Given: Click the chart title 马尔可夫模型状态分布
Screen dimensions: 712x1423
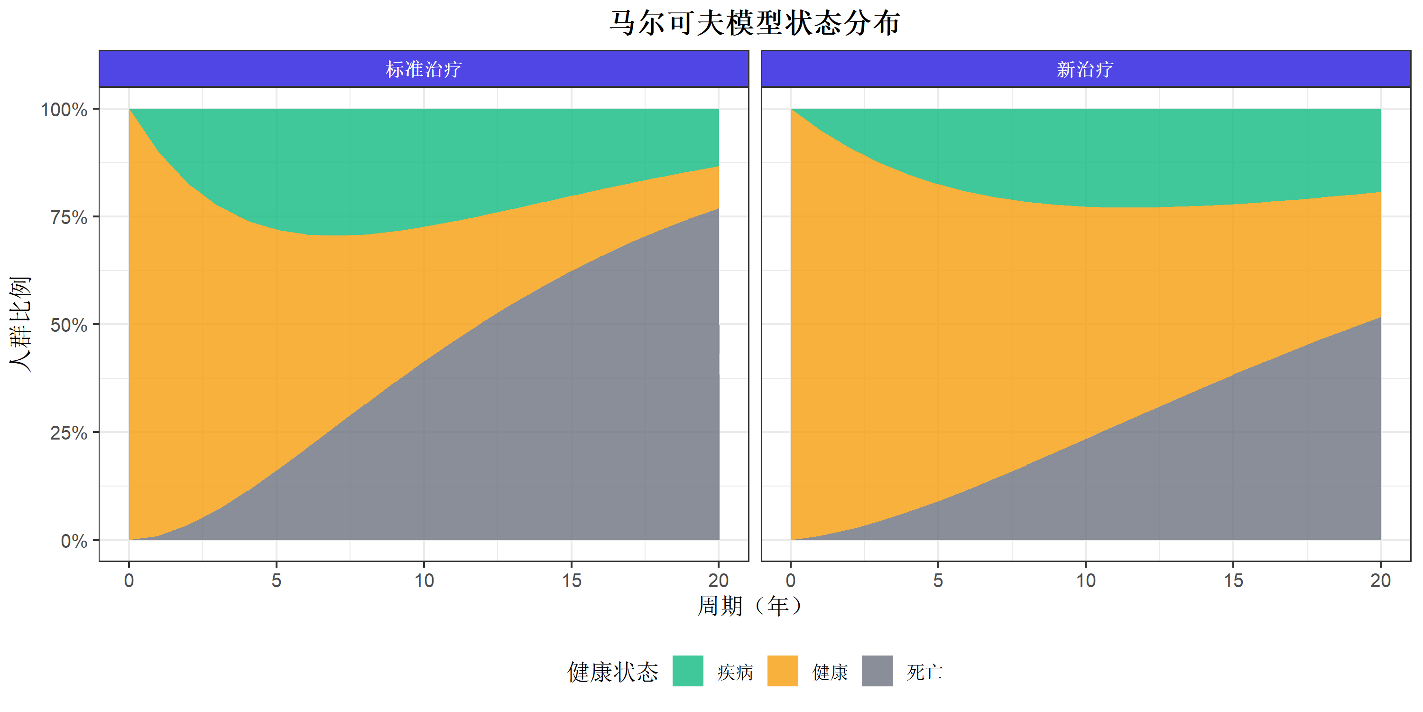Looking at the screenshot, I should click(x=755, y=23).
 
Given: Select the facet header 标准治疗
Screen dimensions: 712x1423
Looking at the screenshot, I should click(x=424, y=69).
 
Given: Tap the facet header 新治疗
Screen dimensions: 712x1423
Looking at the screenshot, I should click(x=1085, y=69).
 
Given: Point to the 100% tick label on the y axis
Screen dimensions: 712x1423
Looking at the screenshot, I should click(x=64, y=110).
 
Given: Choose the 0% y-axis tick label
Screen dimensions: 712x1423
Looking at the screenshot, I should click(x=74, y=541).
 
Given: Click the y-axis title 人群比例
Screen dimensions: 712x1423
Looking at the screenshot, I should click(x=20, y=325).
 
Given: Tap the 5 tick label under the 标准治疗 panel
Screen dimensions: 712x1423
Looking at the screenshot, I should click(x=276, y=581).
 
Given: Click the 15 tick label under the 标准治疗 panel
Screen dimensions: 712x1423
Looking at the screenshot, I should click(x=572, y=581).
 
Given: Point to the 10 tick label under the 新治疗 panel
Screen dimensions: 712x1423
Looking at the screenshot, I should click(x=1085, y=581).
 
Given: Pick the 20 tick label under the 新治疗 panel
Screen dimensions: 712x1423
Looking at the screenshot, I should click(x=1380, y=581).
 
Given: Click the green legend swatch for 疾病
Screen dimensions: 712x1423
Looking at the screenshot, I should click(x=688, y=671).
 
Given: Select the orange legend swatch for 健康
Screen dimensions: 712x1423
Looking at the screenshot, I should click(x=783, y=671).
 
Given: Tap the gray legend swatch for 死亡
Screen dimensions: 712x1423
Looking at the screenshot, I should click(x=877, y=671).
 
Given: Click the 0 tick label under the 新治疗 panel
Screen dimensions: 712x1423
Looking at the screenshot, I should click(x=791, y=581).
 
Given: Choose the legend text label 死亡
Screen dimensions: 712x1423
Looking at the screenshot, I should click(x=924, y=672).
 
